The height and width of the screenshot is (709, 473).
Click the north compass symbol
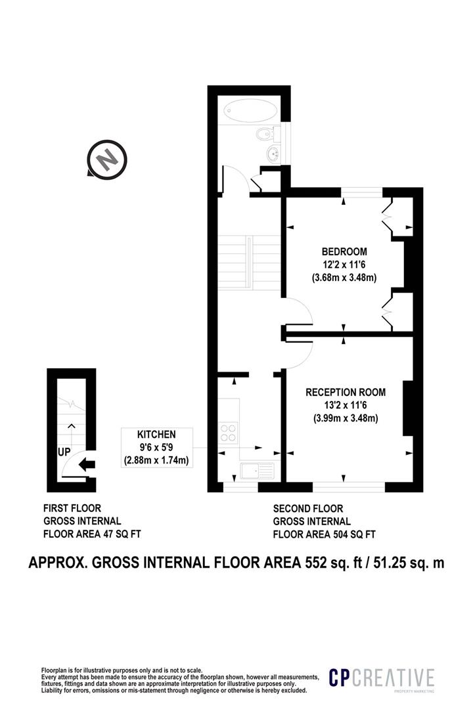(107, 159)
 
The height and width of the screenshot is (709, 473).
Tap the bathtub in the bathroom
(251, 110)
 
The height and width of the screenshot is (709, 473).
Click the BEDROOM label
(344, 251)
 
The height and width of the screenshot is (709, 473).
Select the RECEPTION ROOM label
(346, 392)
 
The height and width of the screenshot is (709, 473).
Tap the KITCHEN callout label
(156, 434)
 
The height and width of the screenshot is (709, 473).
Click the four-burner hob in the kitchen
(228, 432)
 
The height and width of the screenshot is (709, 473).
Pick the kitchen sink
(257, 471)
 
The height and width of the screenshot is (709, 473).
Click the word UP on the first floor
(64, 452)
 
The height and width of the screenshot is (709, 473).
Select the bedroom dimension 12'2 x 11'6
(344, 265)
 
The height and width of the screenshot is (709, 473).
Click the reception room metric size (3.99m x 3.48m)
(346, 418)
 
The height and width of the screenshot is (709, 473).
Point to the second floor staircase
(250, 262)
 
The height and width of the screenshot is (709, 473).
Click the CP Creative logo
(382, 678)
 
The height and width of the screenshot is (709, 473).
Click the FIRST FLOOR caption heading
(72, 507)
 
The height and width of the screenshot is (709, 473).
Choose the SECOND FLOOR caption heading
(308, 508)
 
